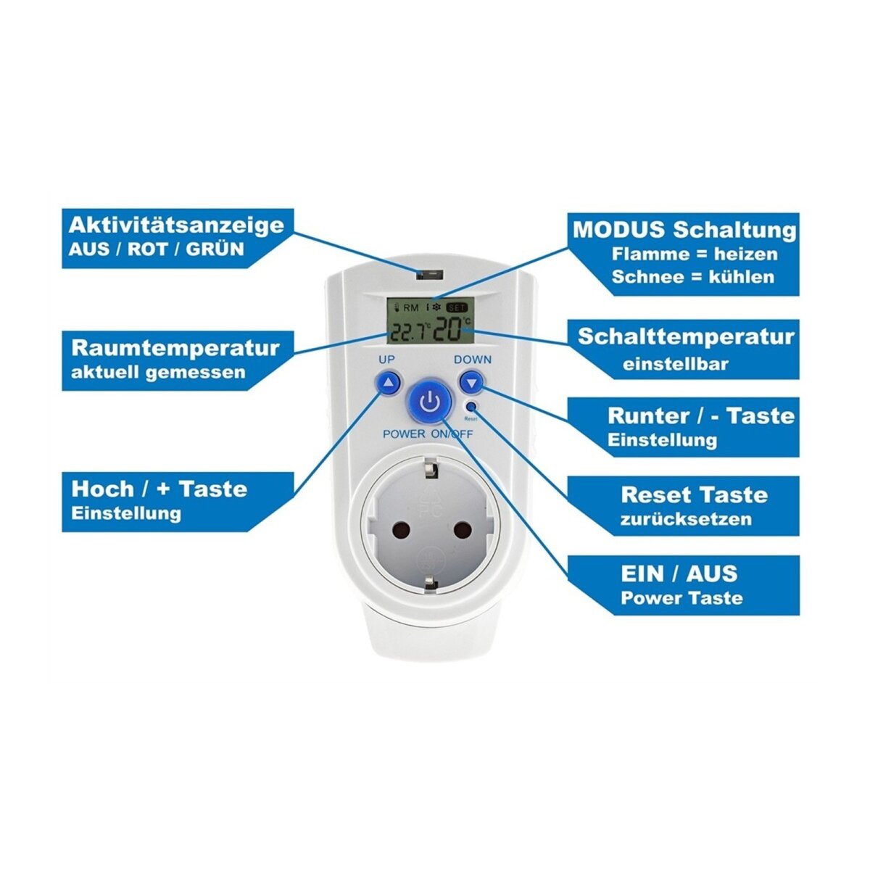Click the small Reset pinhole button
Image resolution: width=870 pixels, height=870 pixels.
472,407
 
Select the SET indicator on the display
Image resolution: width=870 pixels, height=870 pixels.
457,307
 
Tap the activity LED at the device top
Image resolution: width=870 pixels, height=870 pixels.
429,274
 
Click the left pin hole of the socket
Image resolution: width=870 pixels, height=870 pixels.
397,530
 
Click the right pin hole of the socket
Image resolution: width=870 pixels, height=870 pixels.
462,530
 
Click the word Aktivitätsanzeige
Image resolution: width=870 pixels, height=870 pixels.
176,224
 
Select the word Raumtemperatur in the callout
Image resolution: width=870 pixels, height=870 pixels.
175,347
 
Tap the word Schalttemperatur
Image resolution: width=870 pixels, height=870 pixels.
686,337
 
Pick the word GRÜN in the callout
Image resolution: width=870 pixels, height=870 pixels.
215,249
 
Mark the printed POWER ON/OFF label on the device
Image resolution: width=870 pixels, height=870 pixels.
428,434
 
